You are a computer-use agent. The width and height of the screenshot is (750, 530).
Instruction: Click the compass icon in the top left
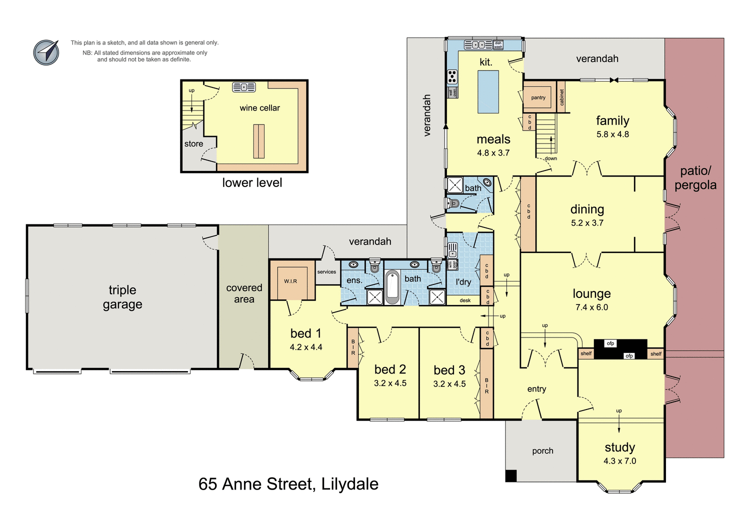[x=46, y=52]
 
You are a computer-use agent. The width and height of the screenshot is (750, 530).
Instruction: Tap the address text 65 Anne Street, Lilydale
[x=288, y=484]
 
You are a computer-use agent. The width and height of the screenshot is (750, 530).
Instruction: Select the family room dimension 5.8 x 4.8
[x=612, y=134]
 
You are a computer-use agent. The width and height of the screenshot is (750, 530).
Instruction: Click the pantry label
[x=538, y=97]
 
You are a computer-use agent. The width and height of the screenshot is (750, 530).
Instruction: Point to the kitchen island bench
[x=488, y=91]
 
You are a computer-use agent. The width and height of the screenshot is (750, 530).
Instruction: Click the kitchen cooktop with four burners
[x=452, y=76]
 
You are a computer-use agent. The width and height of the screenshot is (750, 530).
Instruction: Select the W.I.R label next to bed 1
[x=290, y=281]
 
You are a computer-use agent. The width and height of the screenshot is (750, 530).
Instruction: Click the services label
[x=326, y=272]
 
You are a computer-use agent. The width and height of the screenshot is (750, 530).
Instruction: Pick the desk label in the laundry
[x=465, y=300]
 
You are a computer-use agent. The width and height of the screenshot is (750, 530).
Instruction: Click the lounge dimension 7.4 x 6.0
[x=591, y=307]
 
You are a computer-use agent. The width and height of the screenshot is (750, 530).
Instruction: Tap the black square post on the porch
[x=510, y=475]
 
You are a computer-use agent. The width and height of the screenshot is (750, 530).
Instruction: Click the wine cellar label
[x=259, y=108]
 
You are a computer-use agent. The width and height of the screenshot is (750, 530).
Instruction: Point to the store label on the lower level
[x=193, y=144]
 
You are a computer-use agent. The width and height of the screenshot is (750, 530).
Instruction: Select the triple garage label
[x=122, y=297]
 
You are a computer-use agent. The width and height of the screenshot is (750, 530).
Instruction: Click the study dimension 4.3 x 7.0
[x=619, y=461]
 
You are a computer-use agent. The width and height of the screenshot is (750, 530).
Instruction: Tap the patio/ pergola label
[x=695, y=178]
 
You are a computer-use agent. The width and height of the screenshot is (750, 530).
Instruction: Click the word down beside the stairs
[x=550, y=158]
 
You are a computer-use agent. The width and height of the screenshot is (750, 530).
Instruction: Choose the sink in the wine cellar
[x=244, y=87]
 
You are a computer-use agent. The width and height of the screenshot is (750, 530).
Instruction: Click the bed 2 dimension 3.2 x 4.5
[x=390, y=383]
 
